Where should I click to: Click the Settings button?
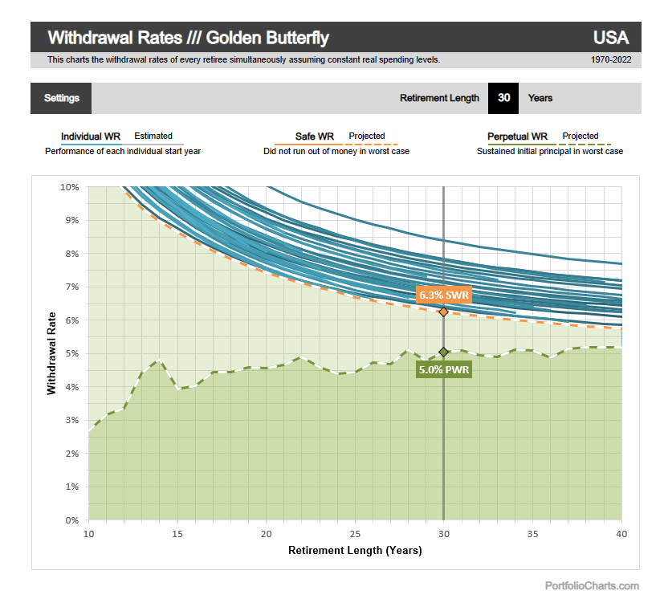coord(61,98)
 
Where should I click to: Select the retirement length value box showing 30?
coord(503,98)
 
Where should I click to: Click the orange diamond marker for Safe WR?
coord(443,312)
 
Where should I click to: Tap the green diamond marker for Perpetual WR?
coord(443,352)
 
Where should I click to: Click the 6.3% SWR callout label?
coord(444,295)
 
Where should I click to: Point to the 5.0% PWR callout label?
coord(444,370)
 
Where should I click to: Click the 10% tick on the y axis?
coord(70,187)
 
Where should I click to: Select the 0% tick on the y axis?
coord(72,520)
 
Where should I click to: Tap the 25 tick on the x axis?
coord(355,534)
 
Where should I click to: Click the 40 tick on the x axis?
coord(621,534)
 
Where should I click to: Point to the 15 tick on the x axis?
coord(177,534)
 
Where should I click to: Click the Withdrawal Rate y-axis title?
coord(51,354)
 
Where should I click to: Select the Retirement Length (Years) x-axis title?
coord(355,551)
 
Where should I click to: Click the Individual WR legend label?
coord(91,136)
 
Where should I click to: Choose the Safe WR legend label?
coord(315,136)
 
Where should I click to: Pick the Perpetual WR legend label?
coord(517,136)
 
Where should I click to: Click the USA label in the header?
coord(610,38)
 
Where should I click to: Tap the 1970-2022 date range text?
coord(609,59)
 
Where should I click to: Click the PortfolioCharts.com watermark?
coord(592,586)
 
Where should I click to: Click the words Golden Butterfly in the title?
coord(268,38)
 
